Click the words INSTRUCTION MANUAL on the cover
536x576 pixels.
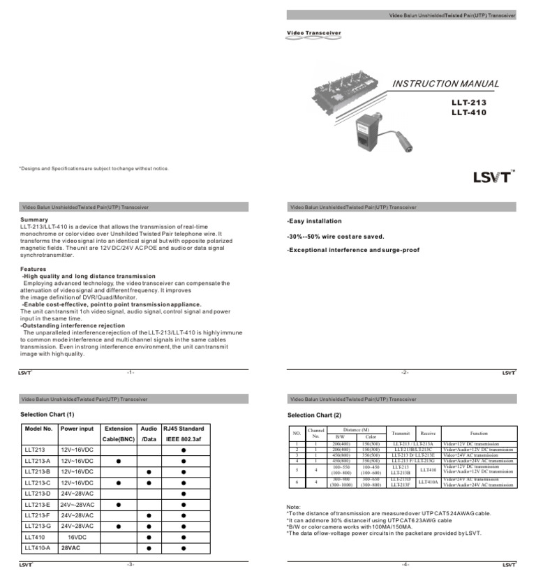(x=445, y=84)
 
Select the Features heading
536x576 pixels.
(x=33, y=269)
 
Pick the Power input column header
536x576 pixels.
(x=77, y=429)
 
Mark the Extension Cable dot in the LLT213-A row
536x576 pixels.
(x=118, y=461)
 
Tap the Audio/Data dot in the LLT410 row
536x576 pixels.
(x=149, y=537)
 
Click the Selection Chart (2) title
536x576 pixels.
(x=314, y=415)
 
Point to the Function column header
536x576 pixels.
(x=479, y=433)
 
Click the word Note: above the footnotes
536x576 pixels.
(x=294, y=506)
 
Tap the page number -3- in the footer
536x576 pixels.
(x=130, y=563)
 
